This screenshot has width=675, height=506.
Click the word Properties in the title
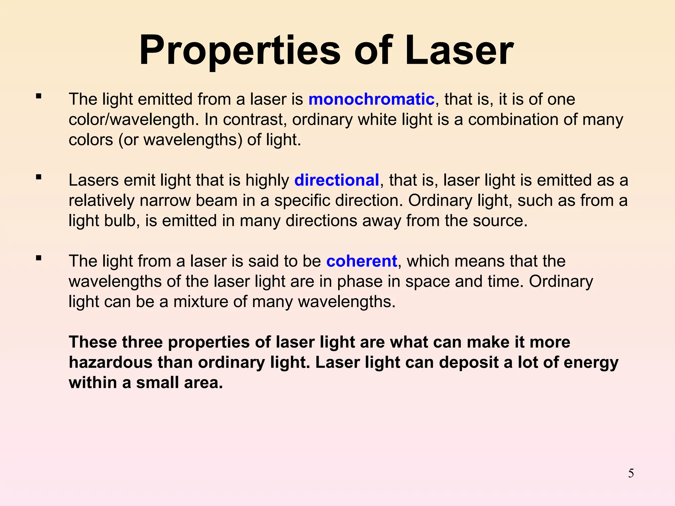(240, 51)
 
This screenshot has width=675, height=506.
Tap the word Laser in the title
(459, 51)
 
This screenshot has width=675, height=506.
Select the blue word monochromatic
(371, 99)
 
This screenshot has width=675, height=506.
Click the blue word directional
(337, 181)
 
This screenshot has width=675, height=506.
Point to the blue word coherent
(362, 261)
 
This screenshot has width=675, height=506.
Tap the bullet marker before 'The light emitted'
(39, 97)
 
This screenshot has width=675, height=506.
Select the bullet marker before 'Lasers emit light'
(39, 178)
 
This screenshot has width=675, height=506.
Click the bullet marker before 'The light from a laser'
(39, 258)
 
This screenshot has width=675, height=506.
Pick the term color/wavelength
(133, 120)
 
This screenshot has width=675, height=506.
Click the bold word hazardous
(110, 362)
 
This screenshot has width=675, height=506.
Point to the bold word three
(142, 342)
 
